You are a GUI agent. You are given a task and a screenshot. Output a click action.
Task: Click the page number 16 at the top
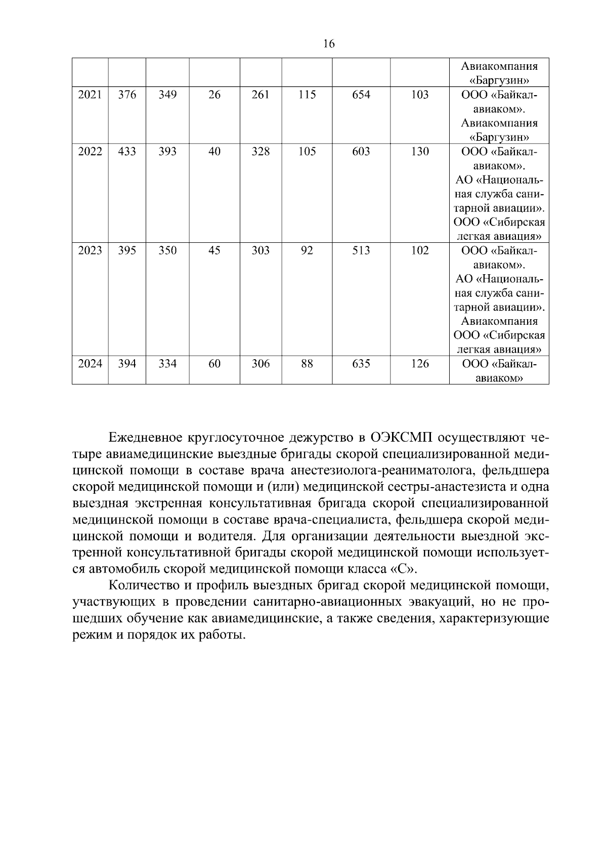(328, 44)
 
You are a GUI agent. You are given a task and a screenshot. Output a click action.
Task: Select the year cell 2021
(90, 95)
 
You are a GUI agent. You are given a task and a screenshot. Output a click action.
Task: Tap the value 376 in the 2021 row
(127, 95)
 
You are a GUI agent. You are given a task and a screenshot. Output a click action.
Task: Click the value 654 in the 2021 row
(361, 95)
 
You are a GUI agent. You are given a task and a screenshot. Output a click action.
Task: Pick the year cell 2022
(90, 151)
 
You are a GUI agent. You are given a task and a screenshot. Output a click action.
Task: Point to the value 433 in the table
(127, 151)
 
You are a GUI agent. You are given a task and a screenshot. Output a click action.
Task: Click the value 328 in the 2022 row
(261, 151)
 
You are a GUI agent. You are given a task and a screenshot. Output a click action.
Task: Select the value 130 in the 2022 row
(420, 151)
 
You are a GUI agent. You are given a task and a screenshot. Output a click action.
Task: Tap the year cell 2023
(90, 250)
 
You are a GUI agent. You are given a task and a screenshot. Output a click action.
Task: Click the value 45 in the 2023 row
(214, 250)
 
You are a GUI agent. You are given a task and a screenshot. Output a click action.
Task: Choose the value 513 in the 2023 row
(361, 250)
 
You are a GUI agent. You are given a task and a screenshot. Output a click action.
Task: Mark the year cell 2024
(90, 364)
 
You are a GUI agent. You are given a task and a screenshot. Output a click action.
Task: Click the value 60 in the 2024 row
(214, 364)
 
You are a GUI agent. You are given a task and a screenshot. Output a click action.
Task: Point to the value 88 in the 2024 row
(307, 364)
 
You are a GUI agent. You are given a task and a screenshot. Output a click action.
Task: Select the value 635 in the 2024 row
(361, 364)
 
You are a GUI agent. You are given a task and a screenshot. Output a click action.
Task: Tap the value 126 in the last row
(420, 364)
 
